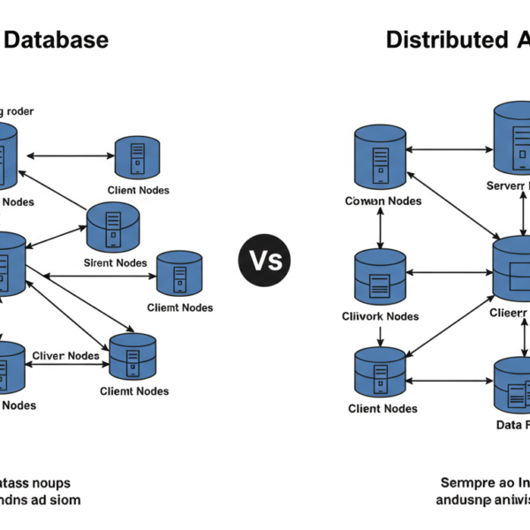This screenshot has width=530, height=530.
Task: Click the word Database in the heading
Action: coord(57,40)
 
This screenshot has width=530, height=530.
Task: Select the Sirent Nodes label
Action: coord(115,262)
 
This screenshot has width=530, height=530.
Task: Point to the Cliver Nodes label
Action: coord(65,356)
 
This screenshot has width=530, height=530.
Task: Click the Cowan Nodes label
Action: coord(382,201)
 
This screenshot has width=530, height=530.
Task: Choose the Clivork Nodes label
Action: coord(380,316)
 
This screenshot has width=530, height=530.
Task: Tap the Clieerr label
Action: coord(508,313)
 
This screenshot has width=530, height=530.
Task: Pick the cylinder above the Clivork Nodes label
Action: coord(380,277)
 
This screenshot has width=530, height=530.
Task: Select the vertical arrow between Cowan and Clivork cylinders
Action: coord(381,230)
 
